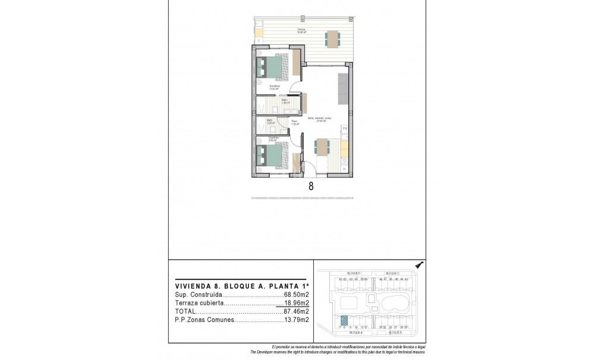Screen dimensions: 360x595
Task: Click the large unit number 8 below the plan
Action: point(311,186)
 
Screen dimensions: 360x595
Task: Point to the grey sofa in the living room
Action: point(343,87)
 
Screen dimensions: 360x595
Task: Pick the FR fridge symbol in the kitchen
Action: point(344,128)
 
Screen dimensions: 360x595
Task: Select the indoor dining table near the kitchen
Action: point(322,147)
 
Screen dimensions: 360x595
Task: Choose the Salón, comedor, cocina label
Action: point(319,119)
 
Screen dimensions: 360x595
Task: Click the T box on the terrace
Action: point(259,41)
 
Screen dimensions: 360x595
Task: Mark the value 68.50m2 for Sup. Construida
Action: point(296,294)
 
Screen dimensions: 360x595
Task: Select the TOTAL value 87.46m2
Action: point(296,311)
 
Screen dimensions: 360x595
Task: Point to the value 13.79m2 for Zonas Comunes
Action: point(296,320)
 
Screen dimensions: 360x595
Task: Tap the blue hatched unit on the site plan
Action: point(344,319)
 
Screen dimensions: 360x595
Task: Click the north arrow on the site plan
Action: point(419,266)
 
